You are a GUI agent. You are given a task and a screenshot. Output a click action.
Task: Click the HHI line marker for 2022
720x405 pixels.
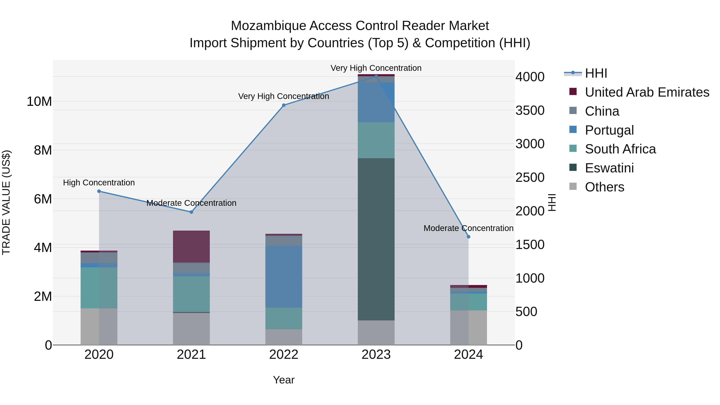(x=284, y=105)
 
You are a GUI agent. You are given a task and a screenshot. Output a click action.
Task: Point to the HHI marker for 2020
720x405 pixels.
(x=99, y=191)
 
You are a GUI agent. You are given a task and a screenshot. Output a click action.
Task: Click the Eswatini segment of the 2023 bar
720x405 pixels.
(x=376, y=239)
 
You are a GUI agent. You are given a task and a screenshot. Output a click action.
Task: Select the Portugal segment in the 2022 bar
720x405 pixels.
(x=284, y=277)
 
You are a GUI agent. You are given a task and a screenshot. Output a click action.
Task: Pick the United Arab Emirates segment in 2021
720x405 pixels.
(x=191, y=247)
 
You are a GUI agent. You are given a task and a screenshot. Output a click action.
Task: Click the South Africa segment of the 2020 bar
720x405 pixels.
(x=99, y=288)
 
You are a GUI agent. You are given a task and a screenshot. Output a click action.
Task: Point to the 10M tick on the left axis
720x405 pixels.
(x=39, y=101)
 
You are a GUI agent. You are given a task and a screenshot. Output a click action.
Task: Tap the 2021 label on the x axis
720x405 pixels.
(x=191, y=355)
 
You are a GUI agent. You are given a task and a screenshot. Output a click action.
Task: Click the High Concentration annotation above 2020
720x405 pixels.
(x=99, y=183)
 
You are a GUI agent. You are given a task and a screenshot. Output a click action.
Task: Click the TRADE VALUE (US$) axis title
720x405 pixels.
(x=6, y=202)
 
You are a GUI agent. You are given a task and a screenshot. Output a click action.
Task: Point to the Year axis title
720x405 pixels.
(x=284, y=380)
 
